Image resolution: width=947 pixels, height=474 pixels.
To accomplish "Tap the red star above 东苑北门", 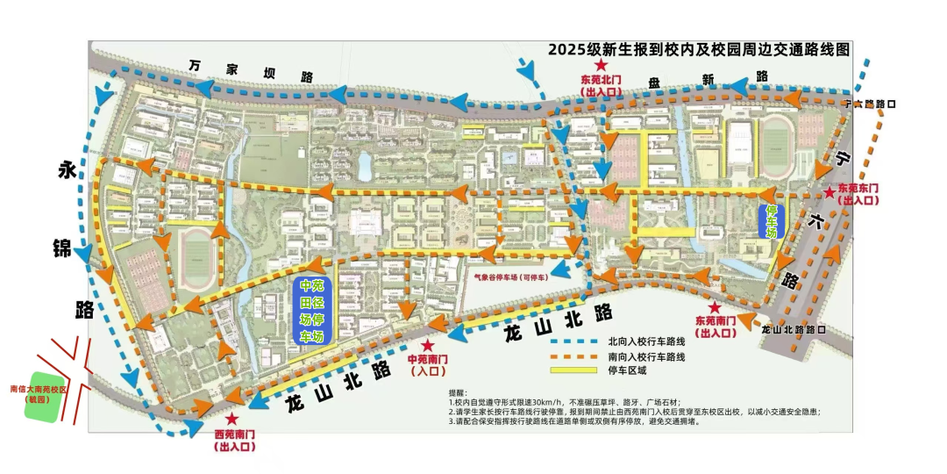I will tap(601, 66).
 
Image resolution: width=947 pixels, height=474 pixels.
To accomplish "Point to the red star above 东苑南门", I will tap(715, 308).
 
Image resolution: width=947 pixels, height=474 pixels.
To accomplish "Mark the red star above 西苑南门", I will tap(231, 420).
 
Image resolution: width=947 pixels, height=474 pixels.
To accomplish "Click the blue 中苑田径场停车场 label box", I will tap(312, 312).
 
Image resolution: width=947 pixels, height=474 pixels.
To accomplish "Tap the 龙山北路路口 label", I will tap(794, 330).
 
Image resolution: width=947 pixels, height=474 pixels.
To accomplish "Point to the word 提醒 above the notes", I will tap(458, 392).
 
